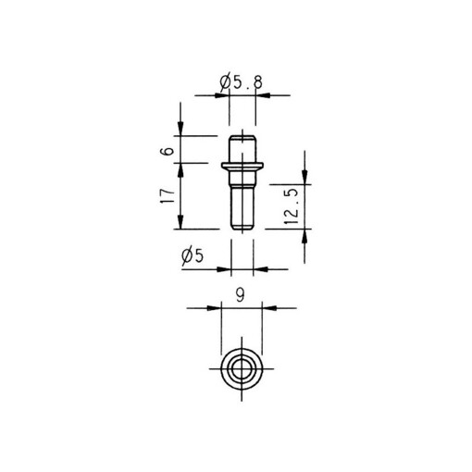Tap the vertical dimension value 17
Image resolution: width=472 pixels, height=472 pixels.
167,195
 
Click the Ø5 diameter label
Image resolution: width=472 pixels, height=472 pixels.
193,256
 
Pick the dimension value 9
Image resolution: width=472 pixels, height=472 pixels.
241,295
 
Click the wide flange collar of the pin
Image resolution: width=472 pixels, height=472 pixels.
242,166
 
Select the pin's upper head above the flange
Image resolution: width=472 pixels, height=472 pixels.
242,148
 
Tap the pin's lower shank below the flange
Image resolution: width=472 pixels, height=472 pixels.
242,204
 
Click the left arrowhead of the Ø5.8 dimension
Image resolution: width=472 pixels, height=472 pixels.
223,94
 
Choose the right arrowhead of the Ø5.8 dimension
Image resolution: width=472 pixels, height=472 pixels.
262,94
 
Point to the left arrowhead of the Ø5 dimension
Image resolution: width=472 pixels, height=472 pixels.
223,268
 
